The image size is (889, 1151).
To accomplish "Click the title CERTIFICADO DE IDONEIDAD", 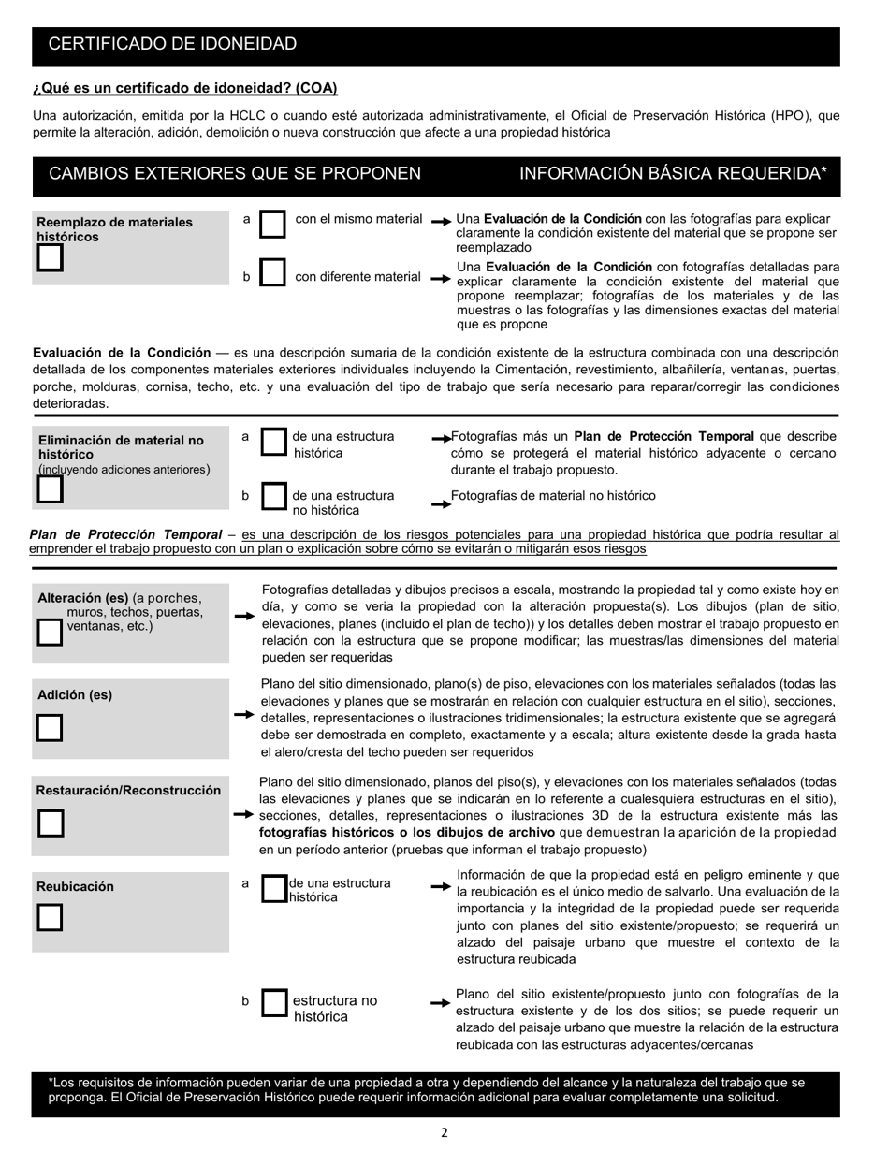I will pyautogui.click(x=172, y=44).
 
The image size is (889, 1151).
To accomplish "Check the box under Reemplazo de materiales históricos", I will pyautogui.click(x=50, y=259).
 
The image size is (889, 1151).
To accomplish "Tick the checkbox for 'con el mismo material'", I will pyautogui.click(x=272, y=225).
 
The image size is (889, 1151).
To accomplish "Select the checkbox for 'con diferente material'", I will pyautogui.click(x=272, y=273).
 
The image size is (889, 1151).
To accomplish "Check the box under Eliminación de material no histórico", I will pyautogui.click(x=50, y=488).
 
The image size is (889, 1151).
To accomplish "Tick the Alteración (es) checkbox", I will pyautogui.click(x=50, y=633).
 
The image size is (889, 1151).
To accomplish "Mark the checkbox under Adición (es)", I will pyautogui.click(x=50, y=728).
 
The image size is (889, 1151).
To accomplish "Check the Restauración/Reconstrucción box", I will pyautogui.click(x=50, y=823).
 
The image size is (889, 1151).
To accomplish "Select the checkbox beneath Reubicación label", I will pyautogui.click(x=50, y=918).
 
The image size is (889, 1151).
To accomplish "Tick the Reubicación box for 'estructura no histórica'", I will pyautogui.click(x=272, y=1004).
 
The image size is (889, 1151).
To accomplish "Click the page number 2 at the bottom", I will pyautogui.click(x=444, y=1133).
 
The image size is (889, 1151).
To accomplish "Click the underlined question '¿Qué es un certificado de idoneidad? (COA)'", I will pyautogui.click(x=184, y=88).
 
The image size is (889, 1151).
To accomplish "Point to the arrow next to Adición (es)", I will pyautogui.click(x=243, y=715).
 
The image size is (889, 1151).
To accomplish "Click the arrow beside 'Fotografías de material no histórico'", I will pyautogui.click(x=441, y=503).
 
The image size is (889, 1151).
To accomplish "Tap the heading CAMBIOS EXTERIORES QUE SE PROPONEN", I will pyautogui.click(x=234, y=173).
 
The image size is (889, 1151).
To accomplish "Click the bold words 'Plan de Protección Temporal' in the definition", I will pyautogui.click(x=125, y=534).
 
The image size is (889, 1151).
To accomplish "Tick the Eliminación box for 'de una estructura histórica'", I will pyautogui.click(x=272, y=443).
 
